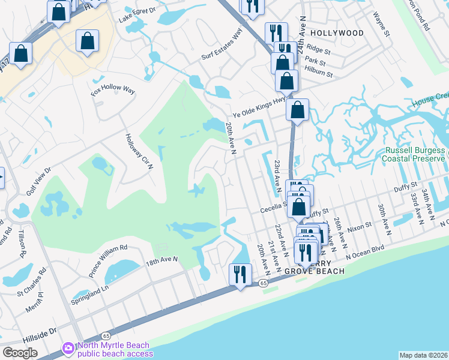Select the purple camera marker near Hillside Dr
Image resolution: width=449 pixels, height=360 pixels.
coord(68,348)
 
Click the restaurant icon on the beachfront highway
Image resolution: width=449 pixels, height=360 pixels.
coord(240,274)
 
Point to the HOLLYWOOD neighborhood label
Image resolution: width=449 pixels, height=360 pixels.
coord(337,33)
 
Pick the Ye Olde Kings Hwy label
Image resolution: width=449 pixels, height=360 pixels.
coord(259,109)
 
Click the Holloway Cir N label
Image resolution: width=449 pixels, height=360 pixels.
coord(139,151)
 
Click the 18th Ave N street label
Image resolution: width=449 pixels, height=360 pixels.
coord(163,259)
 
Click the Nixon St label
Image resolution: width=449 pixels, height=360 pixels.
coord(360,228)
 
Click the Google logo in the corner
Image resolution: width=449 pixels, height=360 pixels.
coord(20,353)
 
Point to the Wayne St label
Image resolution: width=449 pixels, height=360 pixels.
coord(381,24)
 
